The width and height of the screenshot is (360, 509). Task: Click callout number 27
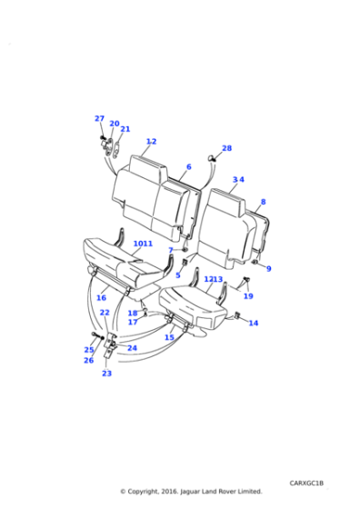tap(99, 118)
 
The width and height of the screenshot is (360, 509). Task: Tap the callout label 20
tap(114, 124)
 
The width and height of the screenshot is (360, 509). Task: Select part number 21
tap(125, 129)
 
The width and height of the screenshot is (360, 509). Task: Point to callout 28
tap(226, 148)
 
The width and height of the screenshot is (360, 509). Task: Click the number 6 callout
tap(188, 167)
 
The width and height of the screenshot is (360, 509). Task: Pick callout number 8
tap(264, 202)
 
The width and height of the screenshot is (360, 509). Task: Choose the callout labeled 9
tap(268, 268)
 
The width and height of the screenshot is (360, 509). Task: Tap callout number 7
tap(170, 250)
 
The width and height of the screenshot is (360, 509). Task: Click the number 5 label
tap(178, 275)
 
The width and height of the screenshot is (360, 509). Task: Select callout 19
tap(248, 295)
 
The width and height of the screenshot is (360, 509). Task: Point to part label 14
tap(253, 323)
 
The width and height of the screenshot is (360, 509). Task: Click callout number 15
tap(169, 337)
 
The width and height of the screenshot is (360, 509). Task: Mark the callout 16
tap(101, 297)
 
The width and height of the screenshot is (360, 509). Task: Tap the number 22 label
tap(105, 313)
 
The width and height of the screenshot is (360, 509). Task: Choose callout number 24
tap(132, 348)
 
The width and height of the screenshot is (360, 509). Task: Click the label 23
tap(106, 373)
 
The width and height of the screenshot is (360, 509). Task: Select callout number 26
tap(88, 360)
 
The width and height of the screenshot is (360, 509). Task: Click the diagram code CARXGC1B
tap(308, 483)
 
